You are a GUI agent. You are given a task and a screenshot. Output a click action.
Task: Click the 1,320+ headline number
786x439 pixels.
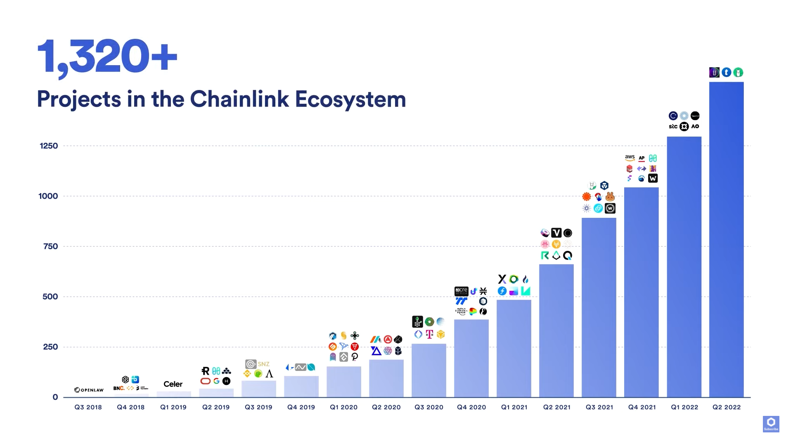(107, 57)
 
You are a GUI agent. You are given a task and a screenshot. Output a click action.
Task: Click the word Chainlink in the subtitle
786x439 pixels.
(239, 99)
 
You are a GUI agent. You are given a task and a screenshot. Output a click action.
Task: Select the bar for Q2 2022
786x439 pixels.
(726, 239)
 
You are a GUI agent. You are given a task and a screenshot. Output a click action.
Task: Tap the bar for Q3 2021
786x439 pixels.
(599, 307)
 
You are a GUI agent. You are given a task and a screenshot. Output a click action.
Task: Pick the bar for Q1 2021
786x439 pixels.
(514, 348)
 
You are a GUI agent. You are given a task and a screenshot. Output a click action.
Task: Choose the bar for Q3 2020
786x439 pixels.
(429, 370)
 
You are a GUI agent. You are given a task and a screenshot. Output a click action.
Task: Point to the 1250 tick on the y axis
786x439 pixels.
(49, 146)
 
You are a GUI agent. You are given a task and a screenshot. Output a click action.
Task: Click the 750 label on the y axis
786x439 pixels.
(50, 246)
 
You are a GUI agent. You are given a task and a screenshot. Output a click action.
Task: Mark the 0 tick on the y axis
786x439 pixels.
(55, 397)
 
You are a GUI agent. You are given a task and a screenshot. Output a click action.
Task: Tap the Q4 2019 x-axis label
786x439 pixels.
(301, 407)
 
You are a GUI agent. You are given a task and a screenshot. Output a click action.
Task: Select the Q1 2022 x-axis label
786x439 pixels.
(684, 407)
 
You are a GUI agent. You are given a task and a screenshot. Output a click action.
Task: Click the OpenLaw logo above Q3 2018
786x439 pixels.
(89, 390)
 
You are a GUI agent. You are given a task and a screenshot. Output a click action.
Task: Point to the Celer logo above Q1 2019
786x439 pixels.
(173, 384)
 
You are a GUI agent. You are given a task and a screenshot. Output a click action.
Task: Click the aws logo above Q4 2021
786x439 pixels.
(630, 158)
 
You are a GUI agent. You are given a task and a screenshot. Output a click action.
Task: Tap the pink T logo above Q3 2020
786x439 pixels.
(429, 334)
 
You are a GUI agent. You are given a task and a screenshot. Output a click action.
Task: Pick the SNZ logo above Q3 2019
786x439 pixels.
(263, 364)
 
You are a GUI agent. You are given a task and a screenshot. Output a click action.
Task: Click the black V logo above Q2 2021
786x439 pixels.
(556, 233)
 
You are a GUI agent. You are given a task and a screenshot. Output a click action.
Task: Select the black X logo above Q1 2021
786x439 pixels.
(502, 279)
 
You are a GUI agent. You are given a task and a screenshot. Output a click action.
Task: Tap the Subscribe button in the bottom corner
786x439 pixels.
(770, 424)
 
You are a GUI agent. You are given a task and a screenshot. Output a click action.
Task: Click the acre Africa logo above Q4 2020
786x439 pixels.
(461, 290)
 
